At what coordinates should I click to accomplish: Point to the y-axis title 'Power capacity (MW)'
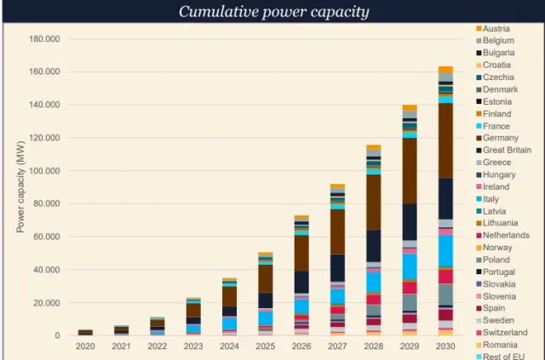tap(20, 187)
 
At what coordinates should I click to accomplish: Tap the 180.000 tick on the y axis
tap(44, 39)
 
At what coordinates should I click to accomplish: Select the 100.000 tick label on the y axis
tap(44, 171)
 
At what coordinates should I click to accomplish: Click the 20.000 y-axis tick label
tap(47, 303)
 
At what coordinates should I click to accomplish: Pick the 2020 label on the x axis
tap(85, 346)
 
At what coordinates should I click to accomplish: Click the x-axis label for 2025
tap(265, 346)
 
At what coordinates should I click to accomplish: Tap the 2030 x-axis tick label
tap(445, 346)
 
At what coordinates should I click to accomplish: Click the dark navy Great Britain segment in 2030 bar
tap(445, 198)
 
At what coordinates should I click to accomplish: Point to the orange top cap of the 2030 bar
tap(445, 69)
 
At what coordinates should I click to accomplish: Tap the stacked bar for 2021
tap(121, 330)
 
